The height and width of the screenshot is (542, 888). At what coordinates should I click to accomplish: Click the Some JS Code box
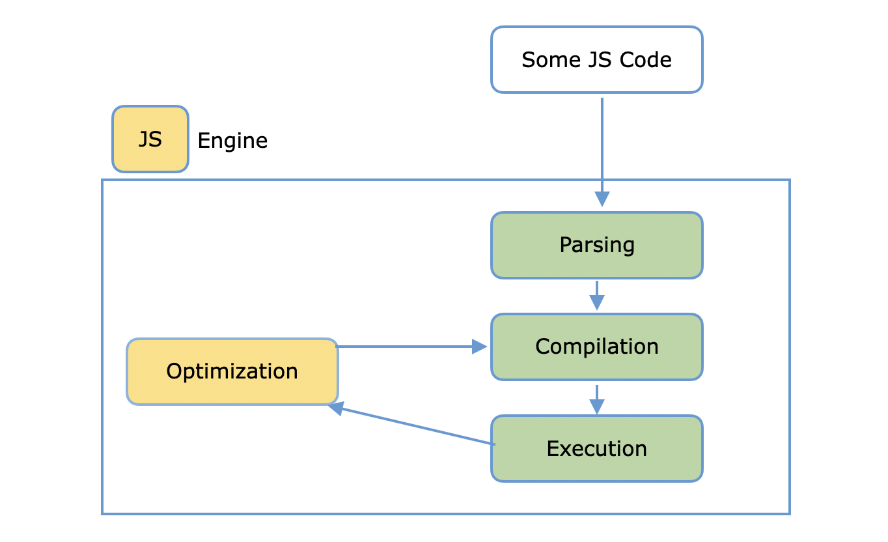[x=596, y=60]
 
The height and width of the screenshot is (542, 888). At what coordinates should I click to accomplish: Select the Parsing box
[x=596, y=246]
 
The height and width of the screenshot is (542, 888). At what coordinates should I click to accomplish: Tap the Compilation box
[x=596, y=347]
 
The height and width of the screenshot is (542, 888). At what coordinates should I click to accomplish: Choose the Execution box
[x=596, y=449]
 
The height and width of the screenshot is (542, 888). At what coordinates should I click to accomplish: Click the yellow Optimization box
[x=232, y=371]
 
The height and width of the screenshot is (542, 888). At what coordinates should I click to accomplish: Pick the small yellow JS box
[x=150, y=139]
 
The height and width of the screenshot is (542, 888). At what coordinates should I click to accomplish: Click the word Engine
[x=232, y=141]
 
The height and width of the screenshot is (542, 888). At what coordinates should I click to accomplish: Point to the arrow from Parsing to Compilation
[x=597, y=294]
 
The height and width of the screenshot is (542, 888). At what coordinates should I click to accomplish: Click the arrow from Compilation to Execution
[x=597, y=398]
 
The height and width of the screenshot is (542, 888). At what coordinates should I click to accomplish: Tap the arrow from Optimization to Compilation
[x=410, y=347]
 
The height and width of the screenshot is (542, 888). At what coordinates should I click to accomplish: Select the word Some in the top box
[x=548, y=60]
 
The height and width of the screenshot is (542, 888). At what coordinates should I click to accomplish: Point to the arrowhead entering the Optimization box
[x=336, y=408]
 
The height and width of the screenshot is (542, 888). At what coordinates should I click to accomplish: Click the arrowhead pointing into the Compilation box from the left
[x=480, y=347]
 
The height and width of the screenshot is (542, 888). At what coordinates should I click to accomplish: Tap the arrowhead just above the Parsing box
[x=602, y=199]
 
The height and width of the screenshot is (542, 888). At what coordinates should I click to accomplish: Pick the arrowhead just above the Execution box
[x=597, y=406]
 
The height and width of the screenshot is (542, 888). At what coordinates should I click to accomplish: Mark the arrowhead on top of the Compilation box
[x=597, y=303]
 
